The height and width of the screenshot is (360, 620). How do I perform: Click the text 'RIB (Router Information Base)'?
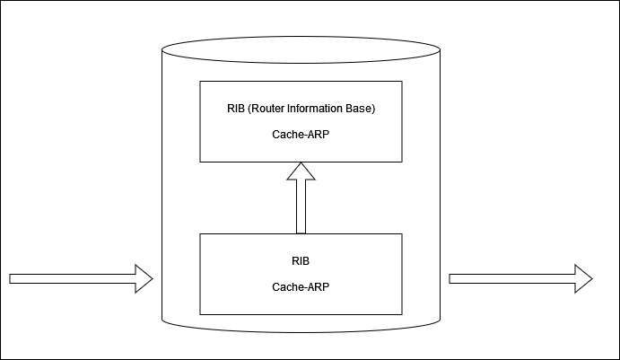pos(301,110)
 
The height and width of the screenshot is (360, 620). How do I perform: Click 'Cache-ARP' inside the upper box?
pos(301,135)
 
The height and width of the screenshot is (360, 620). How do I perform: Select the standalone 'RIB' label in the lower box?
pos(301,261)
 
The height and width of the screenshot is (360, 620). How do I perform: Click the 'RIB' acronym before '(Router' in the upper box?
pos(237,110)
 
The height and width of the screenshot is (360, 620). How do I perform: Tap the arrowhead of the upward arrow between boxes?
pos(301,171)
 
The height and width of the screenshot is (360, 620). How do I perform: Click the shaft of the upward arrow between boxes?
pos(301,206)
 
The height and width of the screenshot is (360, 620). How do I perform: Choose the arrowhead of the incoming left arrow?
pos(144,278)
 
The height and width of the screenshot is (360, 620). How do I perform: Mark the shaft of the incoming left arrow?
pos(72,278)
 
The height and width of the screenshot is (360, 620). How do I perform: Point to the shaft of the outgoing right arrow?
pos(511,278)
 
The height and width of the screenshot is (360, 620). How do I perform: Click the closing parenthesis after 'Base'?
pos(372,110)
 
